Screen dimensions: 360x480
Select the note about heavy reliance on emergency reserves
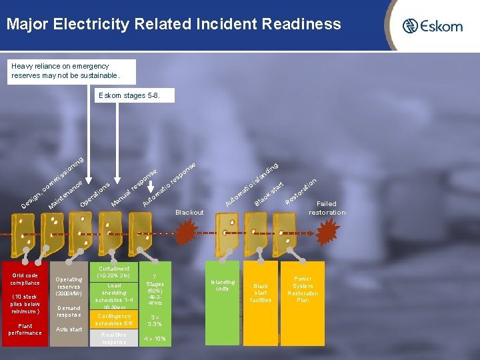tap(72, 71)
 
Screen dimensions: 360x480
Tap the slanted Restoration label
tap(301, 191)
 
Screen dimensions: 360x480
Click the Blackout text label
tap(189, 213)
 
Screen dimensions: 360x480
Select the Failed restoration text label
tap(327, 208)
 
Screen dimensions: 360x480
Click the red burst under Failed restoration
tap(327, 233)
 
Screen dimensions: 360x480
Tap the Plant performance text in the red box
tap(25, 329)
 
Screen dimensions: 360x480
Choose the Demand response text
tap(69, 311)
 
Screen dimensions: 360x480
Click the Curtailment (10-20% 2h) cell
tap(113, 272)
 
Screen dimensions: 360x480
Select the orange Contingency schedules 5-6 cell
tap(114, 319)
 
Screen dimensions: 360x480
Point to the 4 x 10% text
tap(155, 339)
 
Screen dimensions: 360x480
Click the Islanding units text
tap(222, 285)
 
